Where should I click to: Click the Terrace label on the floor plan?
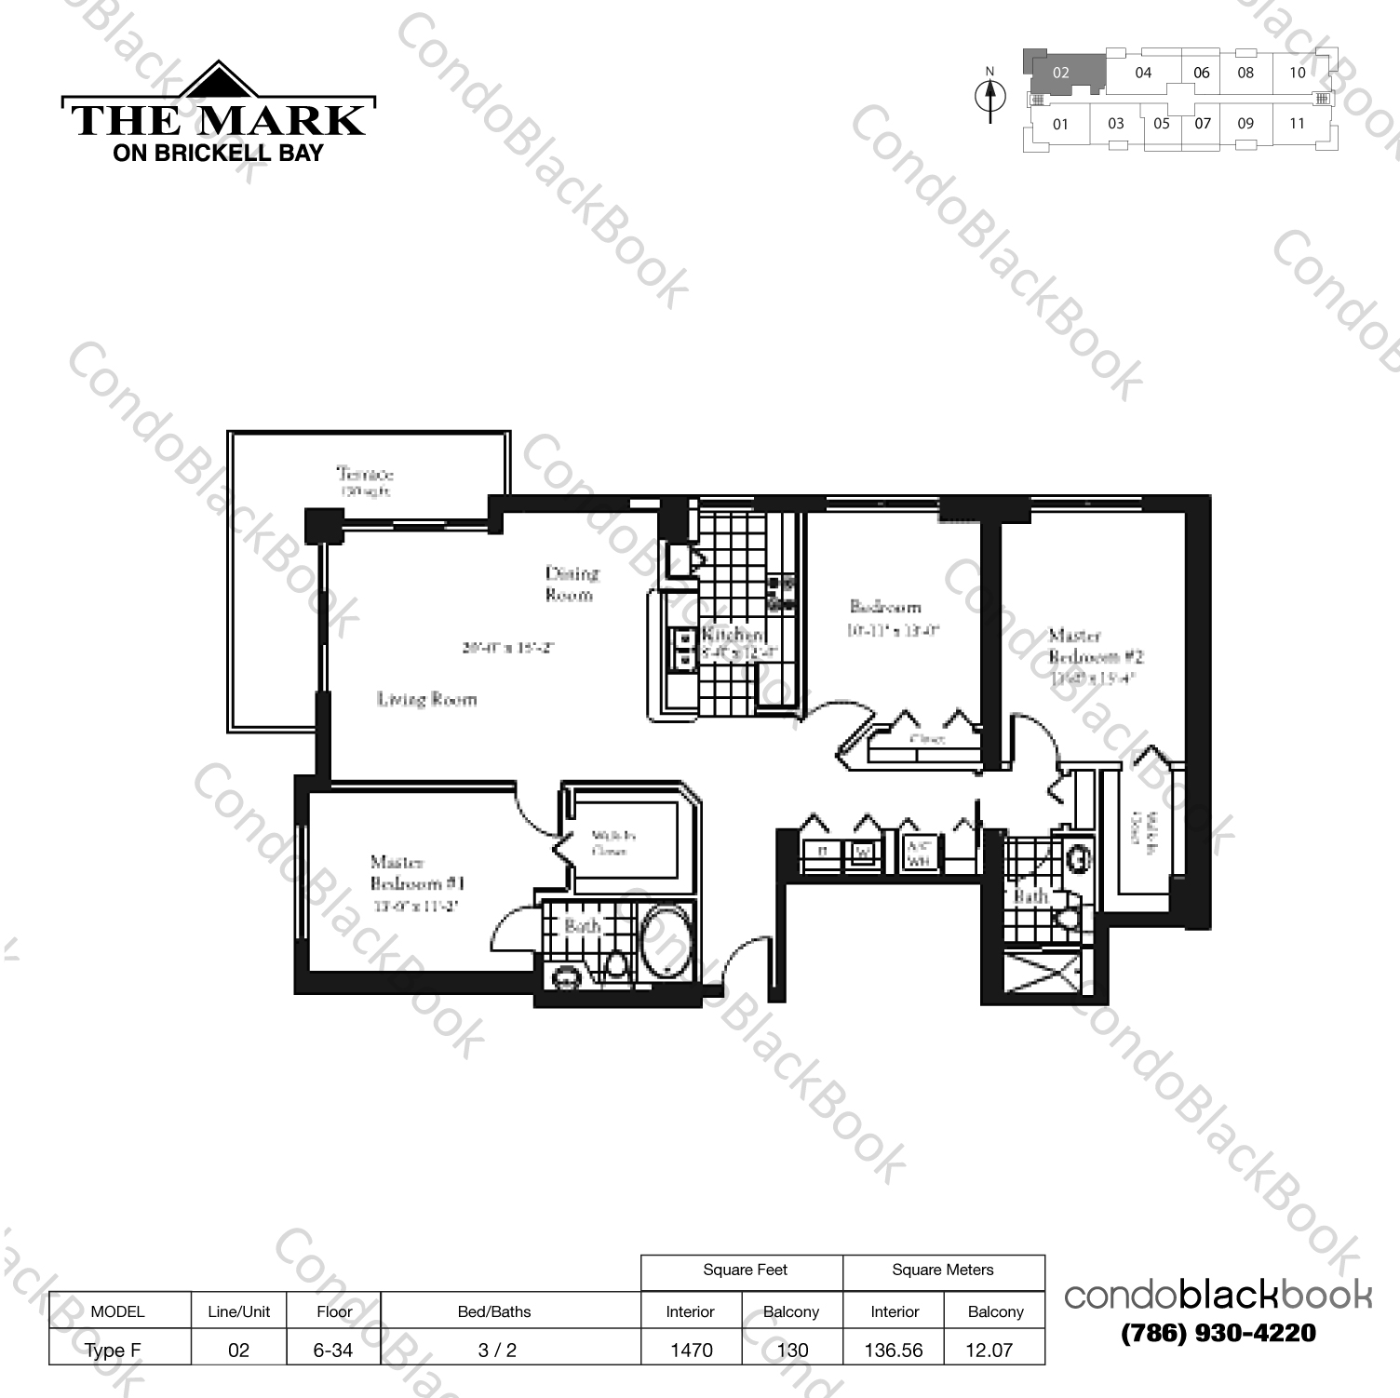tap(365, 475)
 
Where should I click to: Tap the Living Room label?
tap(426, 699)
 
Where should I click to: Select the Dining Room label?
tap(571, 584)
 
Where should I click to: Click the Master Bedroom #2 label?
tap(1095, 646)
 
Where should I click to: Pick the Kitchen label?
tap(734, 635)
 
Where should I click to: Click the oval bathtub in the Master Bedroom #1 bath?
tap(666, 942)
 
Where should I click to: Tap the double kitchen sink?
tap(684, 649)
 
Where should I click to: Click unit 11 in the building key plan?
tap(1297, 123)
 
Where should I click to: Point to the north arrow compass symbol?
tap(990, 97)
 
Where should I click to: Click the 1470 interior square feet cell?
tap(691, 1350)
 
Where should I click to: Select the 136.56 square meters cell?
tap(893, 1350)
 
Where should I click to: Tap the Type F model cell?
tap(113, 1350)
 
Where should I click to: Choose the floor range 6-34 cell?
tap(332, 1350)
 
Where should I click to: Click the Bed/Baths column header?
tap(494, 1311)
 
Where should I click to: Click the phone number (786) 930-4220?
tap(1218, 1334)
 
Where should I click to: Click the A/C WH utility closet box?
tap(920, 854)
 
